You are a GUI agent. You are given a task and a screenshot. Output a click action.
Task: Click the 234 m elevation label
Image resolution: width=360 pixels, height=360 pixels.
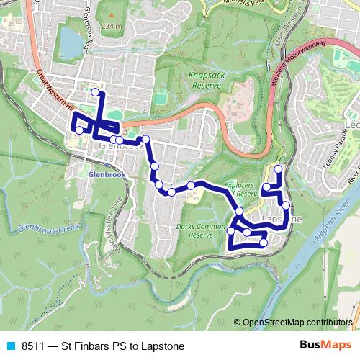(x=112, y=26)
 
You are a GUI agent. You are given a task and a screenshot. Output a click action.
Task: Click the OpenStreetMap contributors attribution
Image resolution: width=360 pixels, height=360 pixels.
(x=297, y=323)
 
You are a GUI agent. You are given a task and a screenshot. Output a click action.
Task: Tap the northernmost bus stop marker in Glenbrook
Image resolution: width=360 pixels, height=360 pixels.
(x=95, y=92)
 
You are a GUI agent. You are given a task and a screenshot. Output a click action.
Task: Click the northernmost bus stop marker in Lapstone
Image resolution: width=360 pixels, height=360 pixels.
(x=278, y=169)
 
